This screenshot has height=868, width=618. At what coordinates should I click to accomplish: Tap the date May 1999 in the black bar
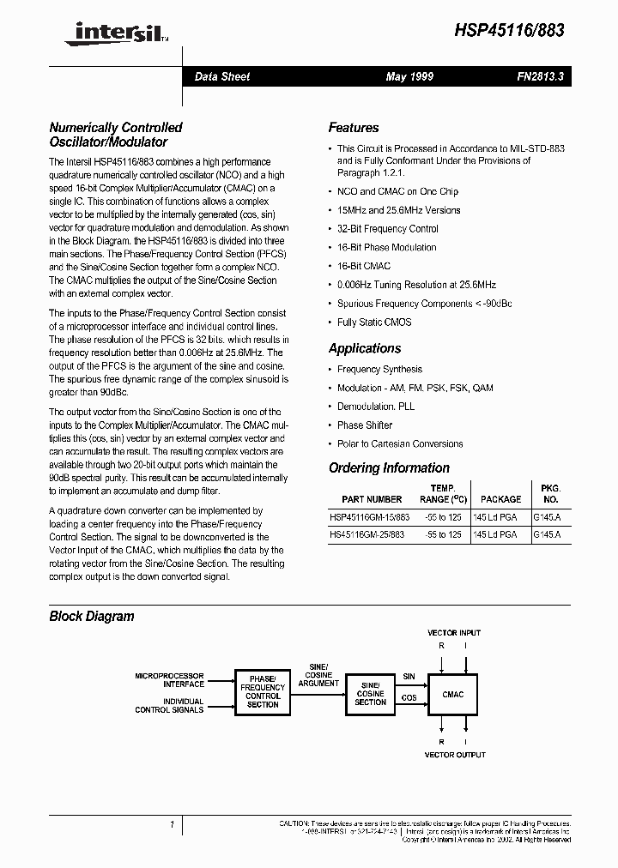409,77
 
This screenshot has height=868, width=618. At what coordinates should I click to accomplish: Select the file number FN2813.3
540,77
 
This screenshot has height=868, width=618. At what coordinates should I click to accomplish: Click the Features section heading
353,128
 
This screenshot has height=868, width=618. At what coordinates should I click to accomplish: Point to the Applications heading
364,348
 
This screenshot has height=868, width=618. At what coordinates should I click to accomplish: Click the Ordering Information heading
389,467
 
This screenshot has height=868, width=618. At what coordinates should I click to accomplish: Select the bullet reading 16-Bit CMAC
363,266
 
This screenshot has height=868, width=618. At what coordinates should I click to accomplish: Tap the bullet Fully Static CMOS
373,322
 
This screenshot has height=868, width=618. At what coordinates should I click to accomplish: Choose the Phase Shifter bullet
364,425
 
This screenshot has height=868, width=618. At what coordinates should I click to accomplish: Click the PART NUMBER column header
371,499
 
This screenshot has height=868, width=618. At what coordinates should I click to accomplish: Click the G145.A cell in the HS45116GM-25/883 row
547,534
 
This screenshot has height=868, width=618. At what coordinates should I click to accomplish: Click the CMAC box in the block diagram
452,695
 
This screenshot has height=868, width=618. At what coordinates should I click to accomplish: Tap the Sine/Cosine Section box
370,695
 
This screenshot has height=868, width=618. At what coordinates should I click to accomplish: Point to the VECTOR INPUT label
454,633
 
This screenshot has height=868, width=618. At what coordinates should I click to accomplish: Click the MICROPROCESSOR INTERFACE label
170,680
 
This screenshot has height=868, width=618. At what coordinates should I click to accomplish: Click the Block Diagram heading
92,616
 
